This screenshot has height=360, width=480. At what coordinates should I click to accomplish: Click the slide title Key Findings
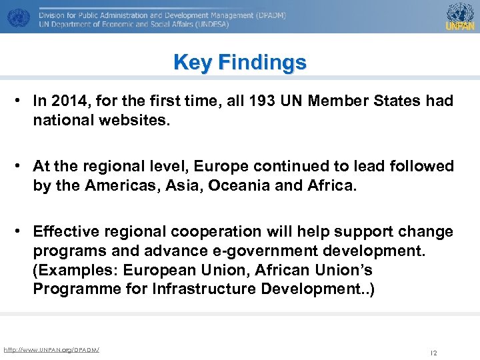tap(240, 63)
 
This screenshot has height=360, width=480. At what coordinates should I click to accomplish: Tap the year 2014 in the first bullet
tap(65, 101)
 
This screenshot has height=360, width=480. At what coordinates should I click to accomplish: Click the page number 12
tap(433, 353)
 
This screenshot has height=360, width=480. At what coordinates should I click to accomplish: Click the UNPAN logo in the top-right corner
tap(460, 17)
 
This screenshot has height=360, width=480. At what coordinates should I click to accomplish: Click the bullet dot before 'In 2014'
tap(22, 101)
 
